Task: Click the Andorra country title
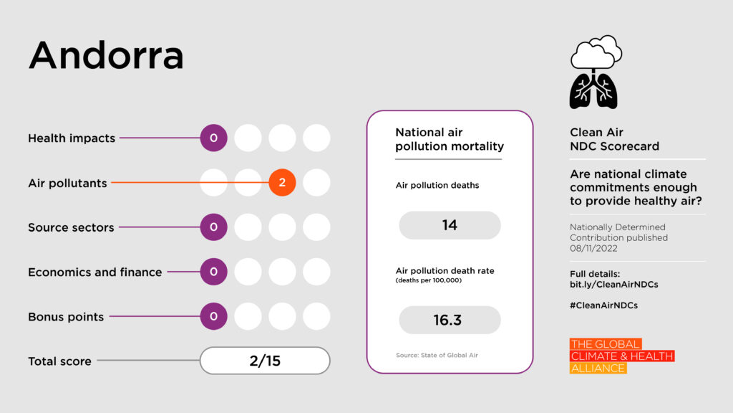(x=106, y=56)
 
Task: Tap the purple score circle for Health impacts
(x=213, y=138)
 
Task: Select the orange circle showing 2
(x=282, y=183)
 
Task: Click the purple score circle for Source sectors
(x=213, y=227)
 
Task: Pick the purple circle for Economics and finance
(x=213, y=272)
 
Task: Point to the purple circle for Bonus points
(x=213, y=316)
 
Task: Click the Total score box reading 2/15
(x=265, y=361)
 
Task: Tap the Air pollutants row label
(x=67, y=183)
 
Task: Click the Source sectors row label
(x=71, y=227)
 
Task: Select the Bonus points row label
(x=66, y=317)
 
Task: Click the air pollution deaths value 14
(x=450, y=225)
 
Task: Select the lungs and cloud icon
(x=595, y=72)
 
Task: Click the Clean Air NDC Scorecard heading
(x=614, y=139)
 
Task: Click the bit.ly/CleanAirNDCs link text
(x=614, y=284)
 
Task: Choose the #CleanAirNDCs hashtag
(x=603, y=305)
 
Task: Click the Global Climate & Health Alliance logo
(x=621, y=356)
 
